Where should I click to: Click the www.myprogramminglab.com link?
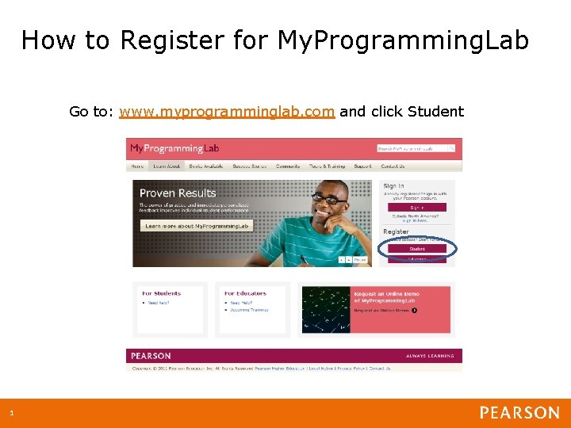(227, 112)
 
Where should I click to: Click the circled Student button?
(417, 249)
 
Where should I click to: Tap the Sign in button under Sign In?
(417, 208)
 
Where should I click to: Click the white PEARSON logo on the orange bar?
(519, 413)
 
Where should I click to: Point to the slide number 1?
(12, 413)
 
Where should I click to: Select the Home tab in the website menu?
(137, 166)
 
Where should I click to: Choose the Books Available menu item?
(205, 166)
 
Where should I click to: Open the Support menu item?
(362, 166)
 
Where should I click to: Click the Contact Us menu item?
(393, 166)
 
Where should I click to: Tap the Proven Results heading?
(178, 193)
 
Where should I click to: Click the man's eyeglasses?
(329, 199)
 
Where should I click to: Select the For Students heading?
(161, 293)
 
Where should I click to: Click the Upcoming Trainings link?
(249, 310)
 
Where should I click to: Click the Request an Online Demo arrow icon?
(414, 310)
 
